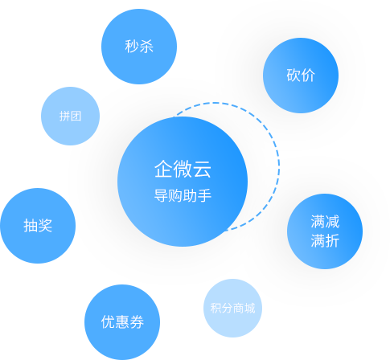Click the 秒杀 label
click(139, 46)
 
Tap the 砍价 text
click(301, 75)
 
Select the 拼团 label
click(70, 117)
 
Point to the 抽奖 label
click(38, 225)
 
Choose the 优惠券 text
click(122, 321)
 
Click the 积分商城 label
click(232, 308)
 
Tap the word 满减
click(325, 222)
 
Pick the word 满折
click(325, 240)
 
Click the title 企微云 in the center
click(183, 169)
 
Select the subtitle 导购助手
click(183, 195)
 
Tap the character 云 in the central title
click(202, 169)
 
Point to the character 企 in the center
click(163, 169)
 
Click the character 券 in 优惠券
click(137, 321)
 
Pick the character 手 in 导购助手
click(204, 195)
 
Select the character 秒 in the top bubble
click(132, 46)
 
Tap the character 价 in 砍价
click(308, 75)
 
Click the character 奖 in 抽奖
click(45, 225)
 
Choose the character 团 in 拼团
click(76, 117)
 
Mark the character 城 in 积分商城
click(250, 308)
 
